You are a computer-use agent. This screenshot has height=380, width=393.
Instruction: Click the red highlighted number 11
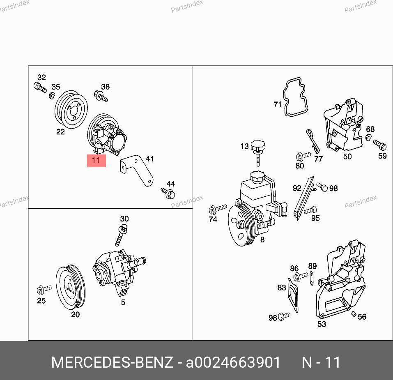[x=96, y=161]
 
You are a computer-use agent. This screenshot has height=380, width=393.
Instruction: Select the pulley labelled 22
[x=71, y=110]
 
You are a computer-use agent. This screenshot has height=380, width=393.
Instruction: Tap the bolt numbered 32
[x=40, y=87]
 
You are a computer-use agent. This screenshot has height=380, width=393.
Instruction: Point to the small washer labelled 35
[x=52, y=95]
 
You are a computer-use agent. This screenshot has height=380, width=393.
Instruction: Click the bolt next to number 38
[x=101, y=96]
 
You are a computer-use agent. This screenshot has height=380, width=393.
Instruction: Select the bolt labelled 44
[x=168, y=193]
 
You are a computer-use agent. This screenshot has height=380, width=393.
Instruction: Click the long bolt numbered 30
[x=121, y=235]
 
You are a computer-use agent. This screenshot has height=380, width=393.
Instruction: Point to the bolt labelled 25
[x=44, y=290]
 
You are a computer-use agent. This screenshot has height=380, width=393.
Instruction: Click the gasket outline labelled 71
[x=295, y=97]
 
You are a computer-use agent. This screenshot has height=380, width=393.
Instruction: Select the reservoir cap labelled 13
[x=258, y=152]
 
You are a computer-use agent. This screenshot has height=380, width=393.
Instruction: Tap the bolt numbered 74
[x=218, y=209]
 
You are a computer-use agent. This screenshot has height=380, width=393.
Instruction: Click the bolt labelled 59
[x=380, y=145]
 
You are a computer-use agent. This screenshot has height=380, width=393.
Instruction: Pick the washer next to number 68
[x=368, y=138]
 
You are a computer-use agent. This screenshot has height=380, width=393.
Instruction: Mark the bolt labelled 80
[x=303, y=157]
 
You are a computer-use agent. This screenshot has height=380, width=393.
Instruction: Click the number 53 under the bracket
[x=322, y=324]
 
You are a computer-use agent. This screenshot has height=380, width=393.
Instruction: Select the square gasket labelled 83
[x=293, y=295]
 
